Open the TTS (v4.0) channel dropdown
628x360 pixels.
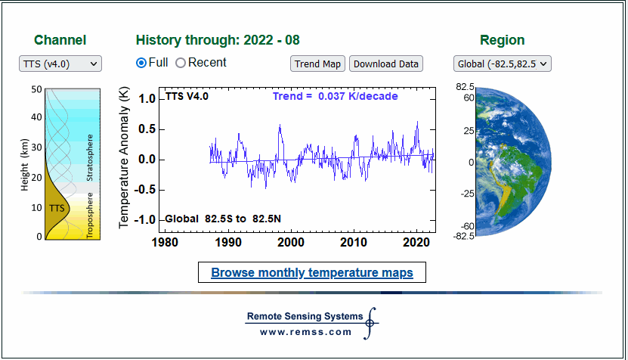coord(60,64)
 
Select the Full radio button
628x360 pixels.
coord(141,63)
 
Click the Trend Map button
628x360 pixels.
coord(317,64)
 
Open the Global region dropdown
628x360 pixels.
coord(503,64)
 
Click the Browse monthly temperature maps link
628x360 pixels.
coord(312,272)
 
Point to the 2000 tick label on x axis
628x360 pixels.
coord(291,242)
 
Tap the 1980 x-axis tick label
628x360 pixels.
coord(165,242)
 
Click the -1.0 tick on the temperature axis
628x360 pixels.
coord(144,219)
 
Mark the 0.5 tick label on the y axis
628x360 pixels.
coord(147,129)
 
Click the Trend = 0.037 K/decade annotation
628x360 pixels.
coord(336,96)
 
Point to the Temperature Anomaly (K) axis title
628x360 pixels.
coord(124,157)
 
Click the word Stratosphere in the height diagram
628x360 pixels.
coord(90,157)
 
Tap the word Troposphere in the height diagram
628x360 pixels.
coord(90,216)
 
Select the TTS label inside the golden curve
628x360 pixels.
coord(57,209)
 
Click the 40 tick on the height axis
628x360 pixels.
coord(36,117)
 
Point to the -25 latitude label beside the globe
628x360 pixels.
coord(467,194)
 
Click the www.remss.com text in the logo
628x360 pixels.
coord(305,332)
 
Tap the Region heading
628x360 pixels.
coord(503,40)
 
